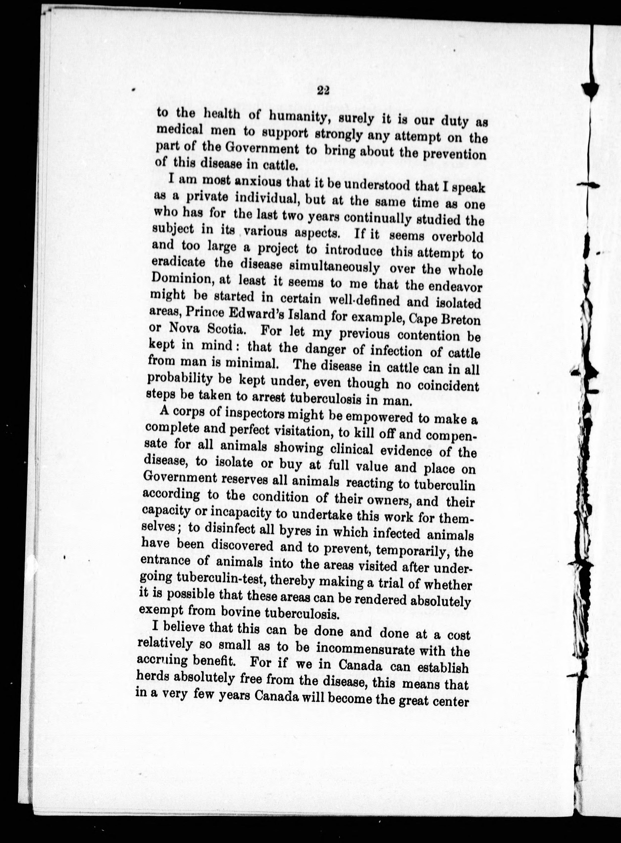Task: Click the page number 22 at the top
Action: (323, 90)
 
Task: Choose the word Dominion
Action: (181, 280)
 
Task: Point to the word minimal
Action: (253, 364)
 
